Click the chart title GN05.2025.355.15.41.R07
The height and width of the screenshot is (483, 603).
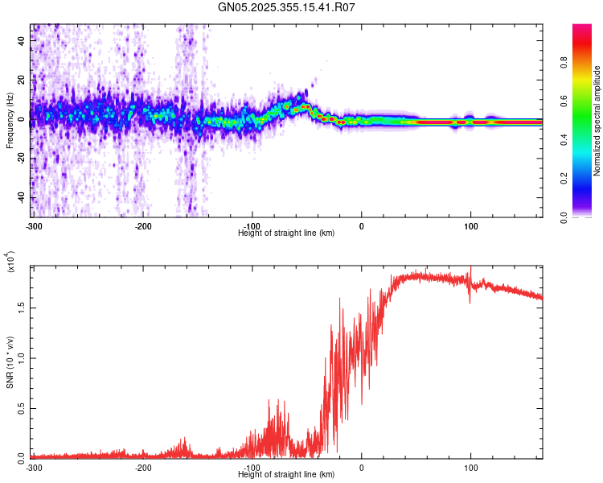pyautogui.click(x=287, y=7)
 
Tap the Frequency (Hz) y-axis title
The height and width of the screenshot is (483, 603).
pyautogui.click(x=10, y=121)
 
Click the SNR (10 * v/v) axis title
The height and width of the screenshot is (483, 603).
pyautogui.click(x=10, y=361)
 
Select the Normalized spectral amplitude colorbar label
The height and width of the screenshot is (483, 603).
pyautogui.click(x=597, y=121)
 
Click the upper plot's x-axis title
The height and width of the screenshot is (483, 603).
pyautogui.click(x=287, y=233)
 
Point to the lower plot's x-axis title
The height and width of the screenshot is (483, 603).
pyautogui.click(x=287, y=474)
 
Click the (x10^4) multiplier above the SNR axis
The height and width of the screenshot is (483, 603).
pyautogui.click(x=10, y=261)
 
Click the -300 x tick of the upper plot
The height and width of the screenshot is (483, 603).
pyautogui.click(x=33, y=225)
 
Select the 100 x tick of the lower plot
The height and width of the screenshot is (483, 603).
pyautogui.click(x=470, y=467)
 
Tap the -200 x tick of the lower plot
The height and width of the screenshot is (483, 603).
pyautogui.click(x=143, y=467)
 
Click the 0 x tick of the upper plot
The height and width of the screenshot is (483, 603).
pyautogui.click(x=361, y=225)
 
